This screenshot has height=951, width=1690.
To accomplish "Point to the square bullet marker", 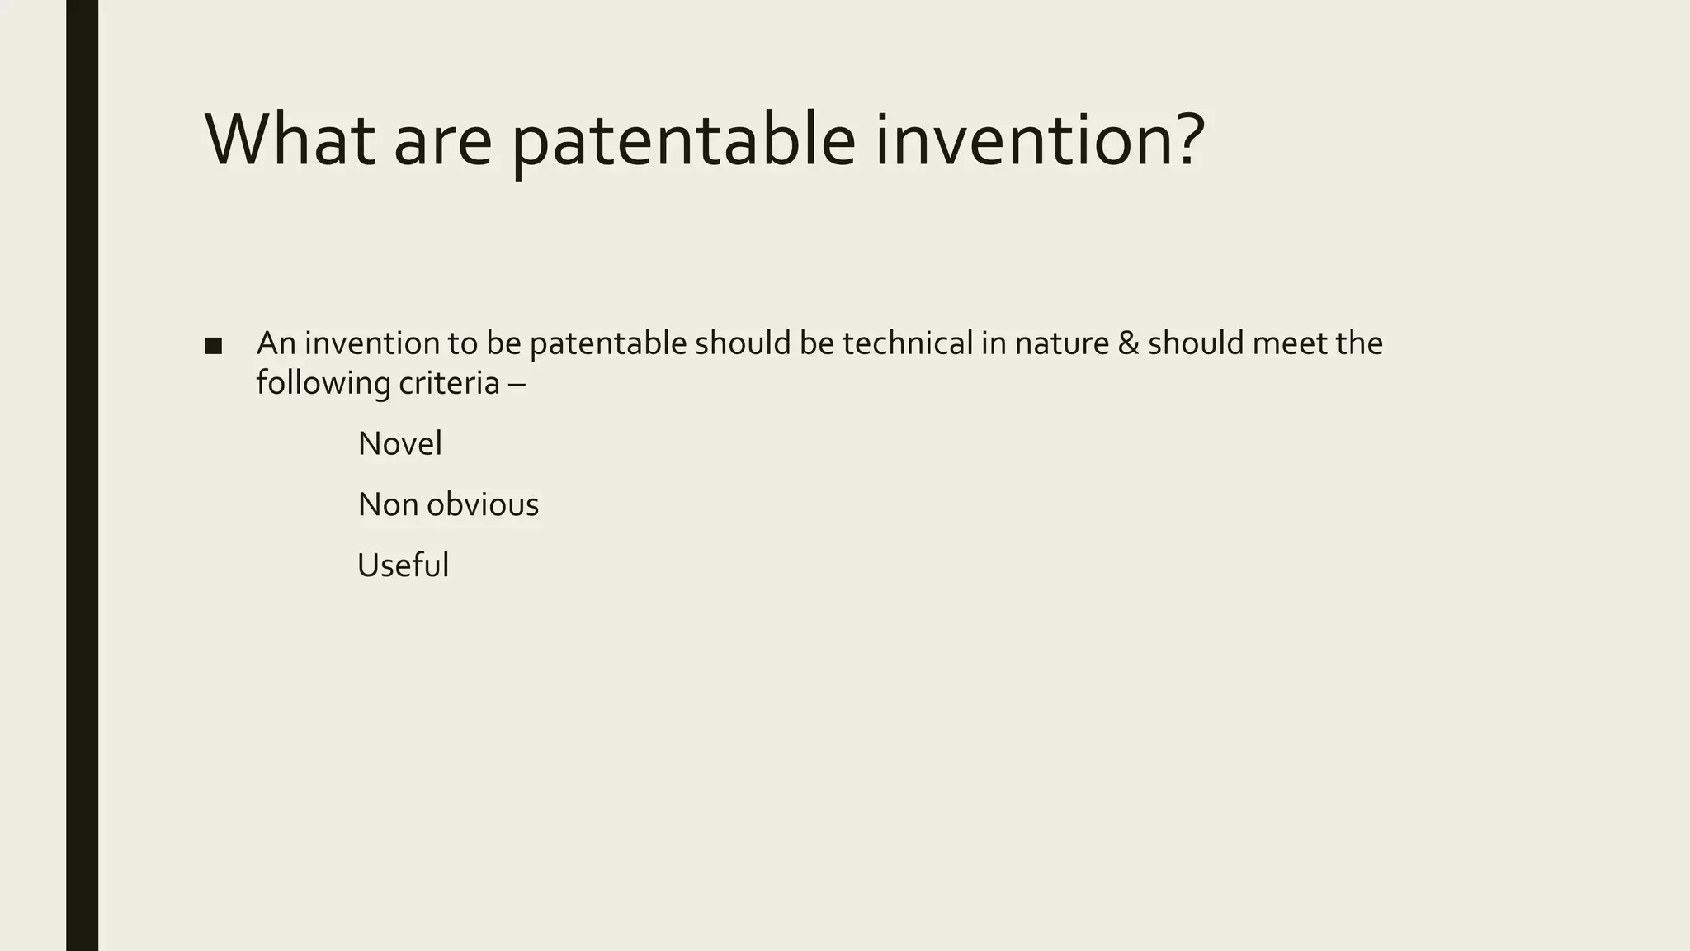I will [213, 346].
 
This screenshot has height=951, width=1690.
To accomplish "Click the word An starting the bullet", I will [276, 343].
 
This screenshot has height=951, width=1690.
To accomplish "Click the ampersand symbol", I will [1128, 343].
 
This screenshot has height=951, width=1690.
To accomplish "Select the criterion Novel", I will [399, 444].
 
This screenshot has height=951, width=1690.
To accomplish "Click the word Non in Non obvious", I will [388, 504].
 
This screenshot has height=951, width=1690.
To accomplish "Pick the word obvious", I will [483, 504].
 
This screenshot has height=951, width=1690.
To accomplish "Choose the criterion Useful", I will [403, 565].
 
